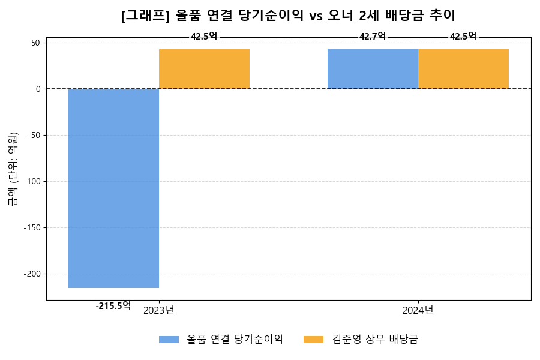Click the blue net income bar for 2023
[113, 188]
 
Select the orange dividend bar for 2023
[204, 69]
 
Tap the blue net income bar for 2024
[373, 69]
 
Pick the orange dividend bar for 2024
[463, 69]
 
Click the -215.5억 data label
[113, 305]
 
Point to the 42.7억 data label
[373, 37]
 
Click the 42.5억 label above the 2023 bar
[204, 37]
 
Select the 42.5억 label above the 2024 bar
[463, 37]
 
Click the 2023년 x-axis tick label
[159, 310]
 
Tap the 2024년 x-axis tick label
[418, 310]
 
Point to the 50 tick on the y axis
[35, 43]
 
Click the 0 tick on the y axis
[38, 89]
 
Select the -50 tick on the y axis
[34, 135]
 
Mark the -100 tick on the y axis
[32, 181]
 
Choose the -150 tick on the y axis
[32, 227]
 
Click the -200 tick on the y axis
[32, 274]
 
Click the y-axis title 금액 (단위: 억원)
[13, 169]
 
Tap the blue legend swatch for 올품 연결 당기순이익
[169, 340]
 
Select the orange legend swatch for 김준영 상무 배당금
[313, 340]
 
